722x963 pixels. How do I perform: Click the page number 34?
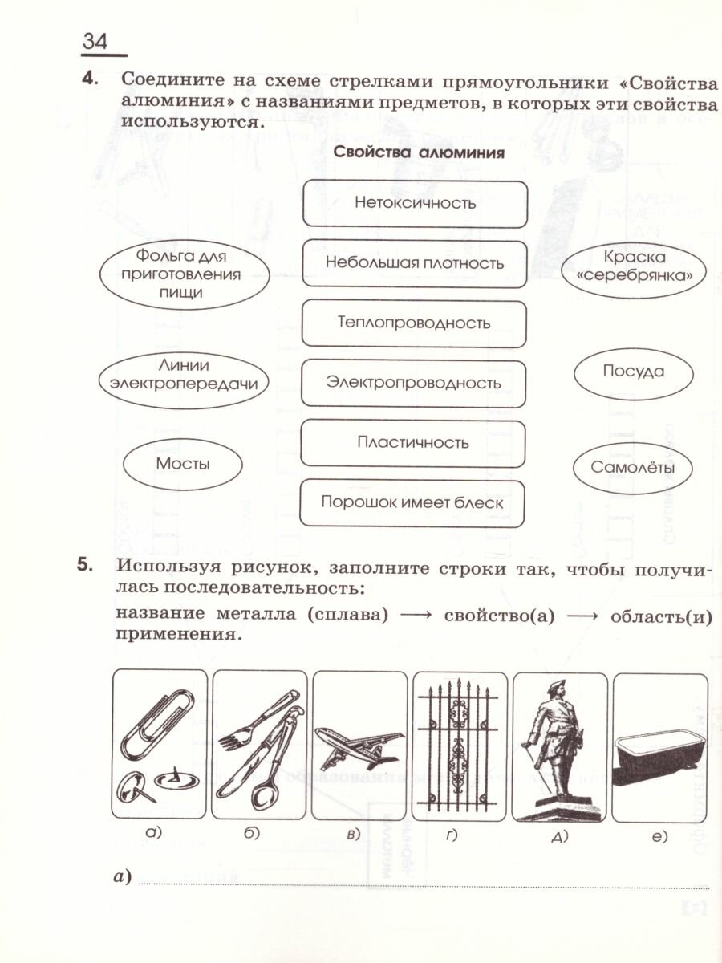[95, 42]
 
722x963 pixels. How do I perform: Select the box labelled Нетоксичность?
[415, 203]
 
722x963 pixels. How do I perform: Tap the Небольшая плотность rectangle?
[415, 263]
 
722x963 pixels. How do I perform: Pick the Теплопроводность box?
[414, 323]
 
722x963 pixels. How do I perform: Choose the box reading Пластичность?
[412, 442]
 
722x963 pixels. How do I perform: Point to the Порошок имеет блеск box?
[412, 503]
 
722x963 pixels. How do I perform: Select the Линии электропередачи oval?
[183, 374]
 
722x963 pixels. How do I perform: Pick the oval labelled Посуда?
[633, 372]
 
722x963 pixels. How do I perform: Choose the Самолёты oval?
[633, 468]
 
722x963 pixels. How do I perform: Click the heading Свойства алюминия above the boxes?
[418, 153]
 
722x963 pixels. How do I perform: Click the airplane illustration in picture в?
[358, 742]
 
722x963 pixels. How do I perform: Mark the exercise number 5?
[86, 564]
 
